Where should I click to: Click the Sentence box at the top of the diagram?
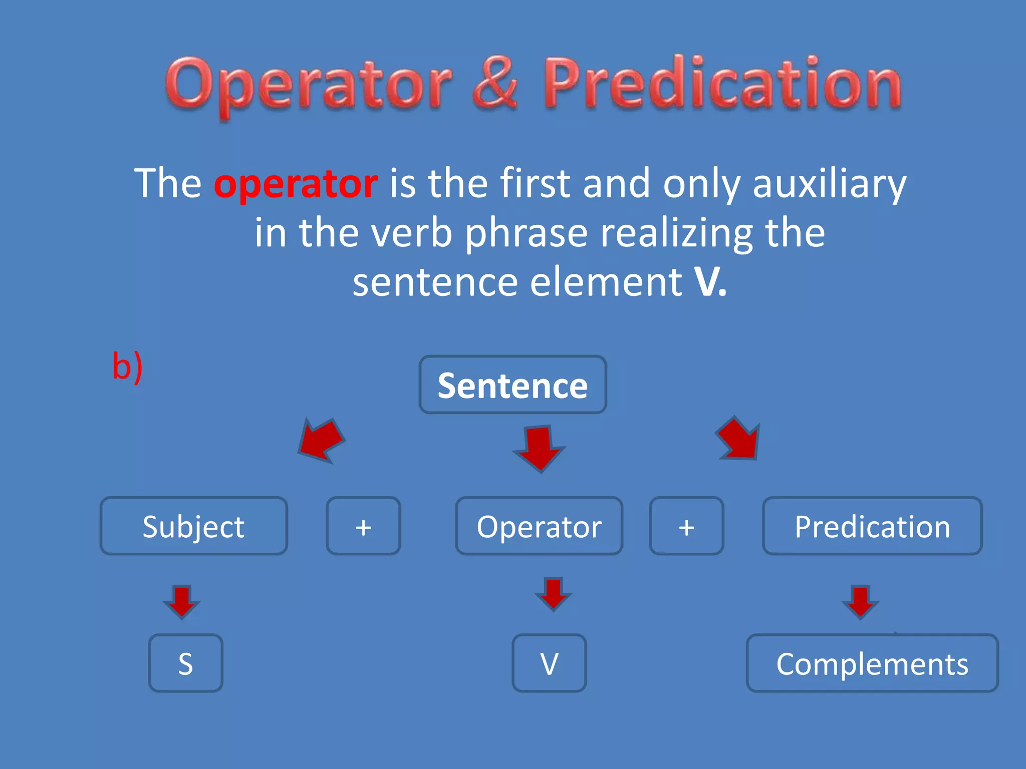[512, 384]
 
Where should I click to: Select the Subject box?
[194, 526]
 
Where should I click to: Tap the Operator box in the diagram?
[539, 526]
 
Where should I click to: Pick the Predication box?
[872, 526]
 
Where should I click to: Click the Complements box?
[872, 663]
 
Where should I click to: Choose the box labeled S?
[185, 663]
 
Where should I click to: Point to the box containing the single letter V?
[549, 663]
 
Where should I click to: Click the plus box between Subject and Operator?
[363, 526]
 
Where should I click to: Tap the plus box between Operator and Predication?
[686, 526]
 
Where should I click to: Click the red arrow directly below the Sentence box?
[539, 448]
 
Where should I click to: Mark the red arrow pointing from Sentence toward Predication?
[739, 439]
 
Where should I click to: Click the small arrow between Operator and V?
[553, 594]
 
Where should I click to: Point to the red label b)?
[127, 366]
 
